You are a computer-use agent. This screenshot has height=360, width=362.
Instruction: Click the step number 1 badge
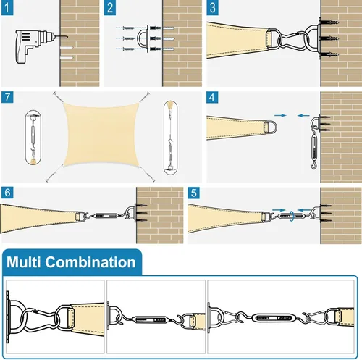tap(7, 8)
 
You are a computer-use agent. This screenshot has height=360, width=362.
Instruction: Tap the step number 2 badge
tap(110, 8)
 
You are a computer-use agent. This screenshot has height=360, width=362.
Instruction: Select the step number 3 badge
tap(212, 8)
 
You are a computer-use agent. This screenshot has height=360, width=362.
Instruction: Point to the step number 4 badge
tap(212, 97)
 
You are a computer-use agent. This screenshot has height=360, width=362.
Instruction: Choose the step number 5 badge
tap(193, 193)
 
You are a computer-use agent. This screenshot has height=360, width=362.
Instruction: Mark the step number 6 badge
tap(7, 193)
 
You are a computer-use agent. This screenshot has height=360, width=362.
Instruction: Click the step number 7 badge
tap(7, 97)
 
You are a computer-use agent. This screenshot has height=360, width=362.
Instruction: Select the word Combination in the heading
tap(90, 262)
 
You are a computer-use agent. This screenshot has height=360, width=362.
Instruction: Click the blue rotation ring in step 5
tap(292, 217)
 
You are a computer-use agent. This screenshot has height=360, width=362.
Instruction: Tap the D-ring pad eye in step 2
tap(143, 38)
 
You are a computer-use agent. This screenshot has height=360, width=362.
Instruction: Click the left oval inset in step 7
tap(33, 138)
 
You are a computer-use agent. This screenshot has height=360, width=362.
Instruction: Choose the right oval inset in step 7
tap(171, 138)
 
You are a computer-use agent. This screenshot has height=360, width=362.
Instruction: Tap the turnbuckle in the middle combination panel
tap(151, 319)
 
